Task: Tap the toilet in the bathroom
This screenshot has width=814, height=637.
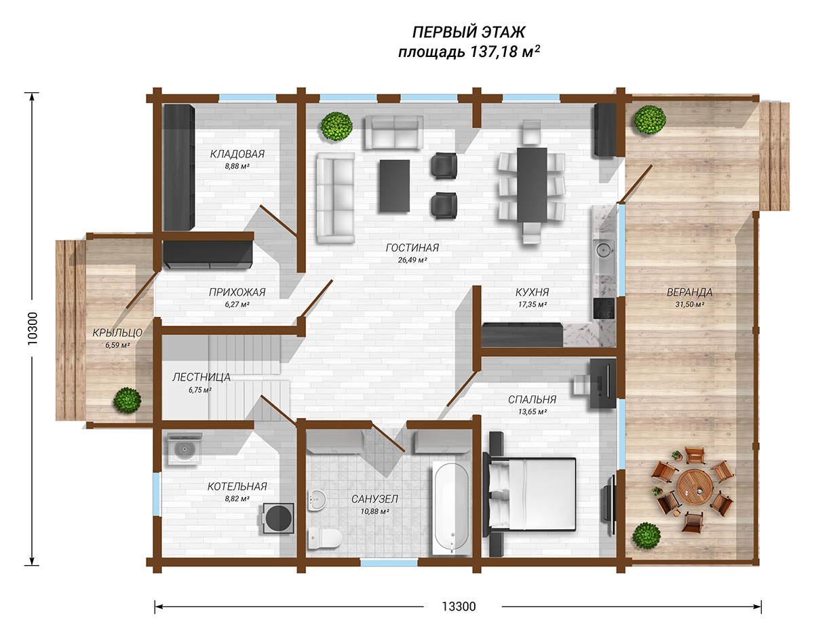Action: click(324, 539)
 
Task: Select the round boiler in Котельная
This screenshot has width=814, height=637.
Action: click(278, 518)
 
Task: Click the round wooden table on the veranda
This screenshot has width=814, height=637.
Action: click(695, 487)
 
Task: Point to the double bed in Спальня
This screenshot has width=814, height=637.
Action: click(530, 494)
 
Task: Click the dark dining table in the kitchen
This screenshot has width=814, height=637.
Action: click(532, 185)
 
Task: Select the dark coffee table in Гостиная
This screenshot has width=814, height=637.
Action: click(395, 186)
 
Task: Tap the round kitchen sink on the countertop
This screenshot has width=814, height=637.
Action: click(604, 250)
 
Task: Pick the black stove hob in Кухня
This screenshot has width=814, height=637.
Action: click(604, 308)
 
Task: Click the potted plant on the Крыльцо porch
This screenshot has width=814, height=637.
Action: click(128, 400)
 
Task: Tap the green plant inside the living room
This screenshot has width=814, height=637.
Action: click(336, 126)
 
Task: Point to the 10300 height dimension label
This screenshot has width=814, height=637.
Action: click(33, 328)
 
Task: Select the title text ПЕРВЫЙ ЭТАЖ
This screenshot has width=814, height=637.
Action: click(469, 33)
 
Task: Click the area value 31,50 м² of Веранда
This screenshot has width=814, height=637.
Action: click(690, 305)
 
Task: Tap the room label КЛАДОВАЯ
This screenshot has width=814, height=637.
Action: click(237, 154)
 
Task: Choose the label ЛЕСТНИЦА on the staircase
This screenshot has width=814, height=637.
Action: click(201, 377)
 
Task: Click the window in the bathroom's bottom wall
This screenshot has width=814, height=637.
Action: click(389, 562)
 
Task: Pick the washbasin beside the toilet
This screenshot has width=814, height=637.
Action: click(317, 499)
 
